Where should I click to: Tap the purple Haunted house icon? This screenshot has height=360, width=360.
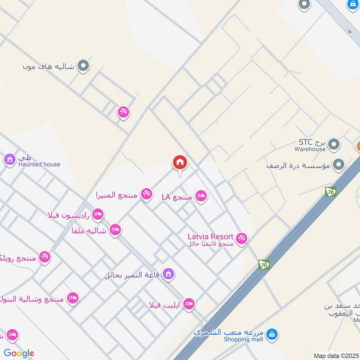tap(9, 159)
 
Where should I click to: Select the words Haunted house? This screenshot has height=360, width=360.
tap(39, 164)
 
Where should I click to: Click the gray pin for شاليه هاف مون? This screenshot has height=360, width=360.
tap(83, 66)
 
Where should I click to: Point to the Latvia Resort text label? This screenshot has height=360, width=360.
tap(211, 237)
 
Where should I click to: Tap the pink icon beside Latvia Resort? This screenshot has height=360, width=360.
tap(242, 238)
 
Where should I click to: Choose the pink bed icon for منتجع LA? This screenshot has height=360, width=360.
tap(201, 196)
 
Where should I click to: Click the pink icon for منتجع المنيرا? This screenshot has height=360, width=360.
tap(146, 194)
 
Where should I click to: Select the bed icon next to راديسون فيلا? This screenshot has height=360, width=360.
tap(97, 214)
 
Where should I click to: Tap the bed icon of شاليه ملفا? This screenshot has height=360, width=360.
tap(115, 230)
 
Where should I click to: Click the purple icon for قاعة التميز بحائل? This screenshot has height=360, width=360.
tap(168, 274)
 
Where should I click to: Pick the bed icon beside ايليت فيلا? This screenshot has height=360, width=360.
tap(189, 304)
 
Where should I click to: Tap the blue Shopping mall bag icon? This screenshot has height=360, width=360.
tap(271, 334)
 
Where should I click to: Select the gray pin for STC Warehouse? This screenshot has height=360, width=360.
tap(333, 144)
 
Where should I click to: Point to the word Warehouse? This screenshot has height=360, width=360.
tap(310, 149)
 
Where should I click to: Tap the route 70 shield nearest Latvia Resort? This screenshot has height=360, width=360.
tap(264, 265)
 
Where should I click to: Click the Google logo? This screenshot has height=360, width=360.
tap(19, 353)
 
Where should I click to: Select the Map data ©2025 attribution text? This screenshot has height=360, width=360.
tap(336, 356)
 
